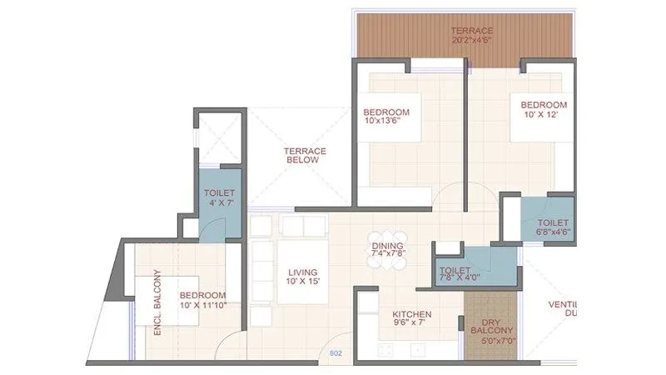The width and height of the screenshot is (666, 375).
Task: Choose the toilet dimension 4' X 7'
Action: coord(220,202)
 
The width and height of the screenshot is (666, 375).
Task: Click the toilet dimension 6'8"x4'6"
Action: coord(553,232)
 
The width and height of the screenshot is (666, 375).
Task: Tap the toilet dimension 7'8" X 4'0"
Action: coord(461,279)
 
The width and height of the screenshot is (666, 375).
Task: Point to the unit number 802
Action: coord(335,353)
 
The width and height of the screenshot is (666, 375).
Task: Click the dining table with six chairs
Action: coord(387,250)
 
